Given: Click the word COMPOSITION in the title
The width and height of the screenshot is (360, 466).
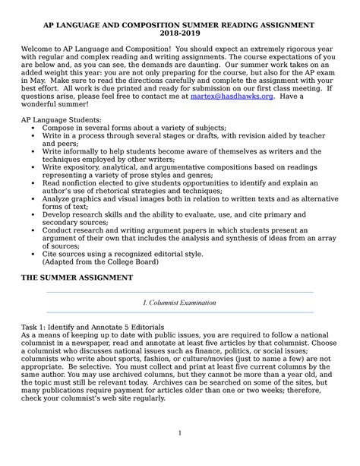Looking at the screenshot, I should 162,24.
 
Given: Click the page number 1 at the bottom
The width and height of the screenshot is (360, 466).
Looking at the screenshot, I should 179,455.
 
